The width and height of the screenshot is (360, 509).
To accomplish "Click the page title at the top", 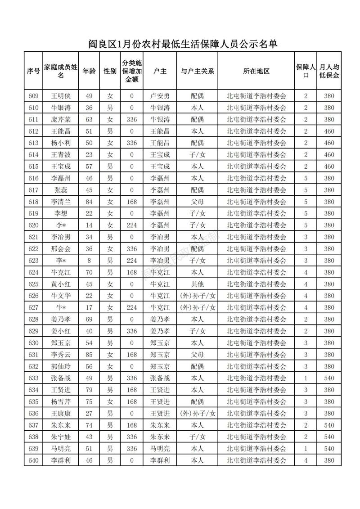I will tap(182, 44).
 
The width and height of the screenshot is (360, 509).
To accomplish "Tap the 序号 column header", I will tap(33, 71).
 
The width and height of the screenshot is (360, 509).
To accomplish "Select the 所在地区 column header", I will tap(256, 71).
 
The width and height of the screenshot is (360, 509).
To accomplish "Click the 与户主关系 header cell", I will tap(197, 71).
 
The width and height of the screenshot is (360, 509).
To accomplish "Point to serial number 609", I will tap(33, 96).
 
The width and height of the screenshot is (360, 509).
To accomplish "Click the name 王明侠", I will tap(61, 96).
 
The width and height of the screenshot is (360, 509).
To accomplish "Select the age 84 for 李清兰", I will tap(89, 202).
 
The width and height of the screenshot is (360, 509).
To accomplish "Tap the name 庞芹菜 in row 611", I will tap(61, 119).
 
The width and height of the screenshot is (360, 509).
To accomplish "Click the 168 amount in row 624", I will tap(131, 272).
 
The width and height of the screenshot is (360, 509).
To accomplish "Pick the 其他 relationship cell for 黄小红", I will tap(197, 284).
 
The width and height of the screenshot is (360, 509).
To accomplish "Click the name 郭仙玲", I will tap(61, 366).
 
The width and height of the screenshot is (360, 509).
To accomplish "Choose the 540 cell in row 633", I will tap(329, 378).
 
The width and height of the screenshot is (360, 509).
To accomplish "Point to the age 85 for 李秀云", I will tap(89, 355).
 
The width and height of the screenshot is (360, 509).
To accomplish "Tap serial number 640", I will tap(33, 460).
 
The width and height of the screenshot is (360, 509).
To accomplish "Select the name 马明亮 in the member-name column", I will tap(61, 449).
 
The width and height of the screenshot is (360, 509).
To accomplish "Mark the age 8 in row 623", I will tap(89, 261).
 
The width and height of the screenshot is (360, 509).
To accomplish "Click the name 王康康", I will tap(61, 414).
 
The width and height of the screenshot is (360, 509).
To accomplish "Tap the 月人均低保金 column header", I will tap(329, 71).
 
